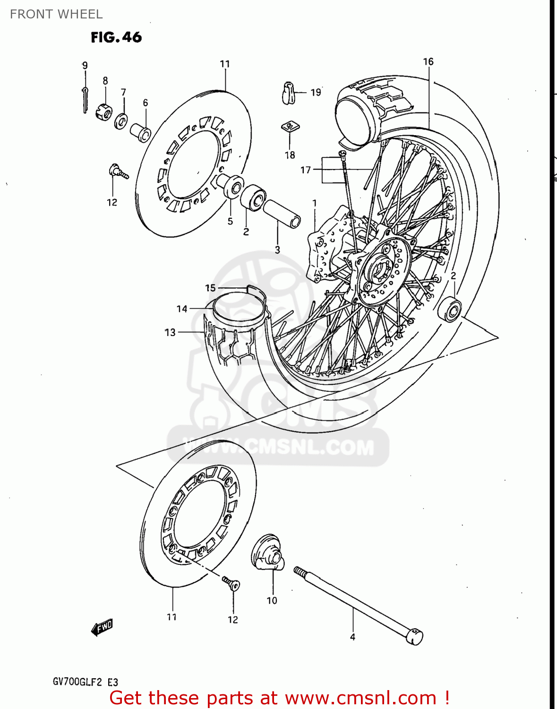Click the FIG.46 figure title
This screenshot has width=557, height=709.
pyautogui.click(x=116, y=37)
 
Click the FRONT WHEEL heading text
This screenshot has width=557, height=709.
pyautogui.click(x=56, y=14)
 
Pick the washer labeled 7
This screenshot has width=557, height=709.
pyautogui.click(x=121, y=121)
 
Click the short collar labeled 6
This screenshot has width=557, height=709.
pyautogui.click(x=141, y=132)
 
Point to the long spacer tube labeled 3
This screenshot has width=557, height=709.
pyautogui.click(x=282, y=214)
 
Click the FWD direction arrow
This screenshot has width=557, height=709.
pyautogui.click(x=102, y=627)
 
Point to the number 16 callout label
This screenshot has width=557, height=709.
pyautogui.click(x=428, y=61)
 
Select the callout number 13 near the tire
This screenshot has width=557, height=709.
pyautogui.click(x=170, y=332)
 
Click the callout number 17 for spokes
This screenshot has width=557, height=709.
pyautogui.click(x=306, y=170)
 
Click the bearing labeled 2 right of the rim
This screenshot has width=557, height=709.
pyautogui.click(x=449, y=310)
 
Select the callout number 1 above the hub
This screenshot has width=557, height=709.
pyautogui.click(x=315, y=203)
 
